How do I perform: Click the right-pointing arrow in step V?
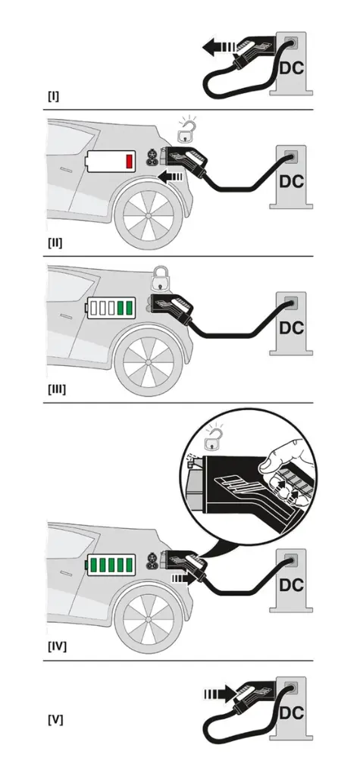click(220, 693)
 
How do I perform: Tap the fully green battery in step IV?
click(112, 565)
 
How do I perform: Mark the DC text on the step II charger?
click(292, 182)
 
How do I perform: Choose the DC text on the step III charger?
click(292, 328)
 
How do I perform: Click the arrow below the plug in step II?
click(173, 177)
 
